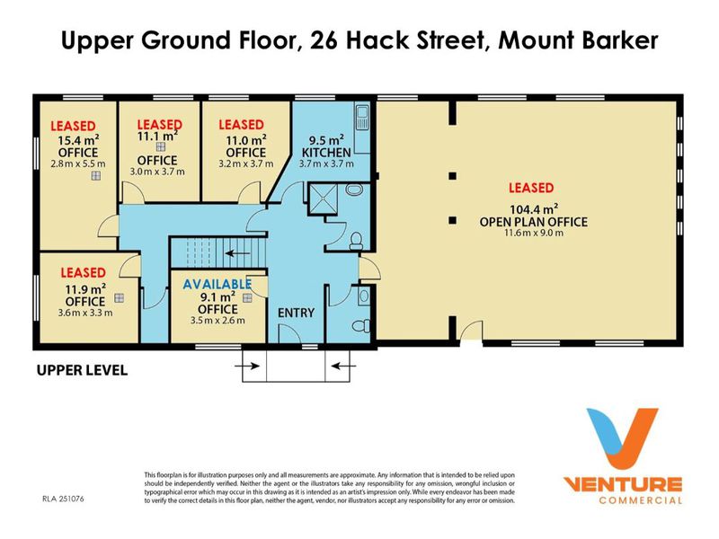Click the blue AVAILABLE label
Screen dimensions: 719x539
(x=217, y=284)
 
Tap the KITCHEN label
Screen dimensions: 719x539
(x=326, y=152)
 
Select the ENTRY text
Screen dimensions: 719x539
(x=297, y=313)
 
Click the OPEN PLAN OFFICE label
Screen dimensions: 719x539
(x=534, y=222)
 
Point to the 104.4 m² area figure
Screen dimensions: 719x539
(x=534, y=209)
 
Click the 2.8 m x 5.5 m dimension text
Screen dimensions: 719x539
(x=78, y=163)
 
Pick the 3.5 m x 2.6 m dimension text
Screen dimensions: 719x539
(x=217, y=321)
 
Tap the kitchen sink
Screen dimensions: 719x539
(x=362, y=119)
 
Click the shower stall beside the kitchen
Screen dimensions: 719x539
(x=323, y=199)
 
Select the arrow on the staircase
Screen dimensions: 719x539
(x=237, y=253)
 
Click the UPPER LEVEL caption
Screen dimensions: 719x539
(x=82, y=370)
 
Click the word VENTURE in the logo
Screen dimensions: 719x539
(x=622, y=484)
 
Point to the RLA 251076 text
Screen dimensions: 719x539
(x=63, y=499)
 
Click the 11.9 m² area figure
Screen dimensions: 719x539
(x=85, y=289)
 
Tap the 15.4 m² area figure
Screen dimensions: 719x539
(x=78, y=140)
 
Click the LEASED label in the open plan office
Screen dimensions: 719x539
(x=531, y=188)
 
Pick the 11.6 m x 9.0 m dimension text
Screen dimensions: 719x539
(x=534, y=233)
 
